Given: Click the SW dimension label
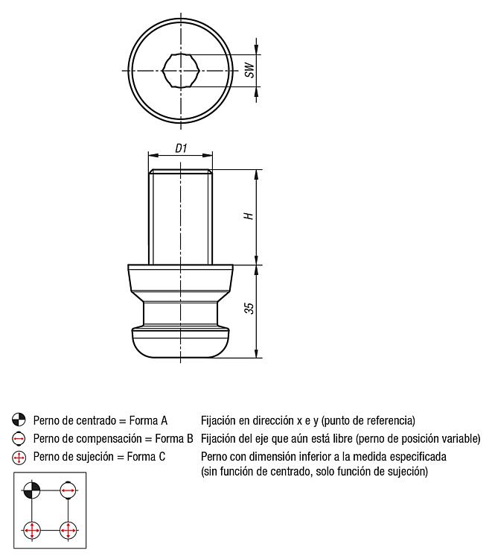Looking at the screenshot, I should [x=251, y=70].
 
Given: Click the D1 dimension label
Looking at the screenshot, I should [x=181, y=148].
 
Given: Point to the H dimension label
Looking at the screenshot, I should [x=250, y=215].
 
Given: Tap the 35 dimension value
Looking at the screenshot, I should [x=250, y=308].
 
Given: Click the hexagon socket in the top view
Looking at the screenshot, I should [x=180, y=70].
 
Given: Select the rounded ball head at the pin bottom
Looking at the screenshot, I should [x=180, y=342].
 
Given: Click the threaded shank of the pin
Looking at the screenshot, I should [x=180, y=216].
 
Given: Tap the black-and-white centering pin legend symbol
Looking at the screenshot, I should [x=17, y=420].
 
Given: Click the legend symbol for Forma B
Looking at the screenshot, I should [x=17, y=438].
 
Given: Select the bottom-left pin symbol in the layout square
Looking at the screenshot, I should [x=31, y=531].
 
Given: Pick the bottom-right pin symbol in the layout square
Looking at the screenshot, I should [x=68, y=531].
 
